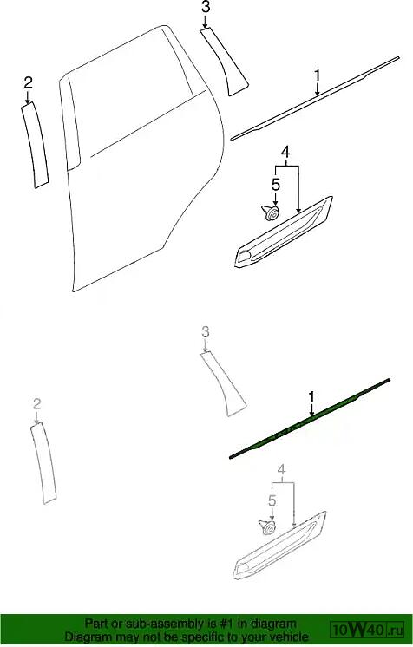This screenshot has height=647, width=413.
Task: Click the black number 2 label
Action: [28, 83]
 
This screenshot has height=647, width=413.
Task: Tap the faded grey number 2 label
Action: [36, 403]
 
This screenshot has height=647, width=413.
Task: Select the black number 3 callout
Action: [206, 7]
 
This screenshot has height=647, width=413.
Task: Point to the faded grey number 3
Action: [206, 331]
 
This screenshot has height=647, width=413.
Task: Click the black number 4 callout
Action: [285, 153]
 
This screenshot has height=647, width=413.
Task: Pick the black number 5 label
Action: [275, 185]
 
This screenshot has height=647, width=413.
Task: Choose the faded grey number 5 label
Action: [272, 500]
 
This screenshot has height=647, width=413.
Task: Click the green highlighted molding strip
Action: [310, 418]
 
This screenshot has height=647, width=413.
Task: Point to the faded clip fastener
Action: [268, 527]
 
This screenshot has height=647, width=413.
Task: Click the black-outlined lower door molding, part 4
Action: [284, 232]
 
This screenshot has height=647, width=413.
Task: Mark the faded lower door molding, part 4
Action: [279, 546]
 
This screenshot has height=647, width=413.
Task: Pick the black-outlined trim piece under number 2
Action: [36, 145]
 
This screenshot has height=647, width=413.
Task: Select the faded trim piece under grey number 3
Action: [223, 383]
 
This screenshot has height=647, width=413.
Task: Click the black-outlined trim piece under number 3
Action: [225, 62]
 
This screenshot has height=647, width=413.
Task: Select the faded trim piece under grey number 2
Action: [43, 463]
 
